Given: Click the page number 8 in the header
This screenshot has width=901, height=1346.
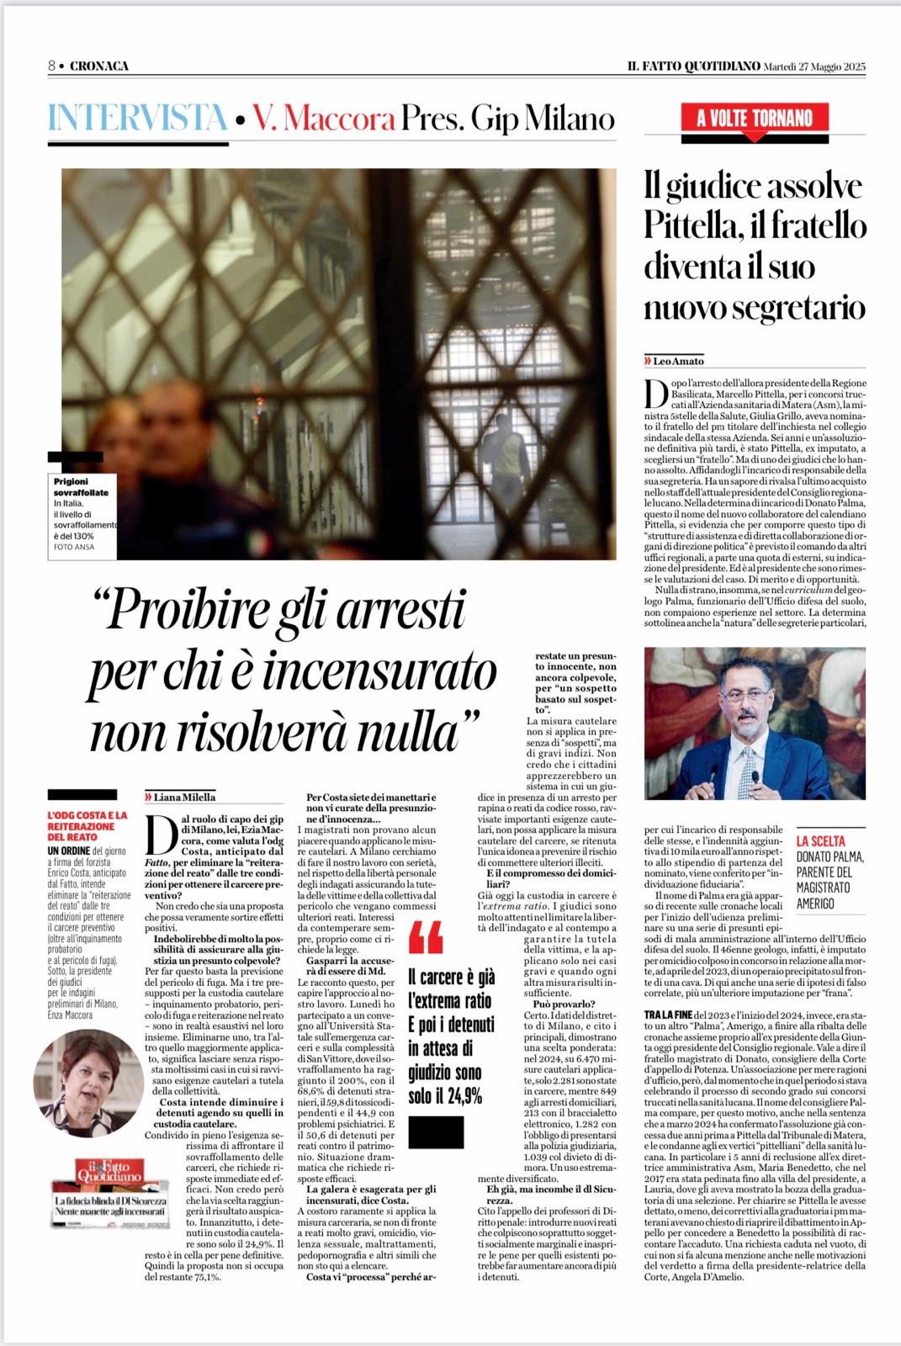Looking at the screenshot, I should click(x=51, y=66).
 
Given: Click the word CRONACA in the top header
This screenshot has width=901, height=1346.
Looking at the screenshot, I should click(x=99, y=66).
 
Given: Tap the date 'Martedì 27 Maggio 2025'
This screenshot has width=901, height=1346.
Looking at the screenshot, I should click(x=814, y=66).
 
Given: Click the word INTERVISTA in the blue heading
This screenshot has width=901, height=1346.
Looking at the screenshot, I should click(x=137, y=119).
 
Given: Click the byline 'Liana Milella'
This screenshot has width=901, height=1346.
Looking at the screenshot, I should click(x=184, y=797).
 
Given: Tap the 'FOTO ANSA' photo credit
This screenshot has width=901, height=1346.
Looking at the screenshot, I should click(x=71, y=547).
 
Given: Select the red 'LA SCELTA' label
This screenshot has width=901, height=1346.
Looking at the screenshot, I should click(x=821, y=840).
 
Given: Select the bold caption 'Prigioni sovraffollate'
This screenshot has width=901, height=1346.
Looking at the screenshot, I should click(x=82, y=486).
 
